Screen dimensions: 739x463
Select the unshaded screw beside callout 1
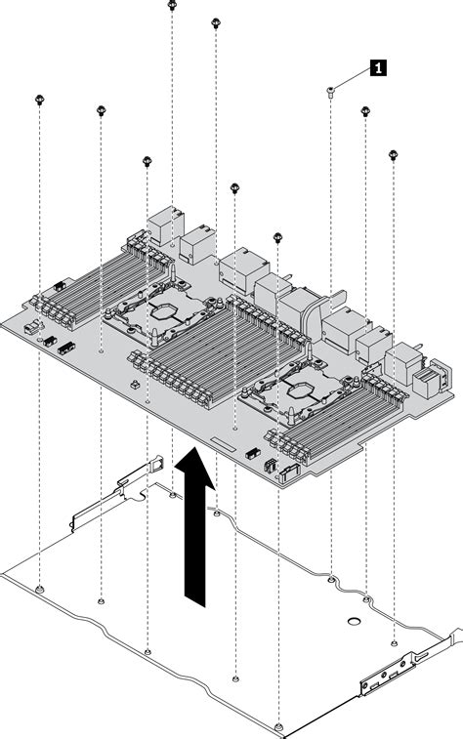click(x=331, y=90)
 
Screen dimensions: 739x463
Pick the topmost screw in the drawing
click(x=172, y=5)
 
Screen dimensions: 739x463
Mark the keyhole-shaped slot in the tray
click(x=350, y=622)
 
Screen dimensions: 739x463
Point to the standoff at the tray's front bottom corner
click(x=279, y=724)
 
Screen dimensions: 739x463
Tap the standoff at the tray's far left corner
click(x=38, y=590)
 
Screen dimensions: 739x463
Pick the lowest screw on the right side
click(x=394, y=153)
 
